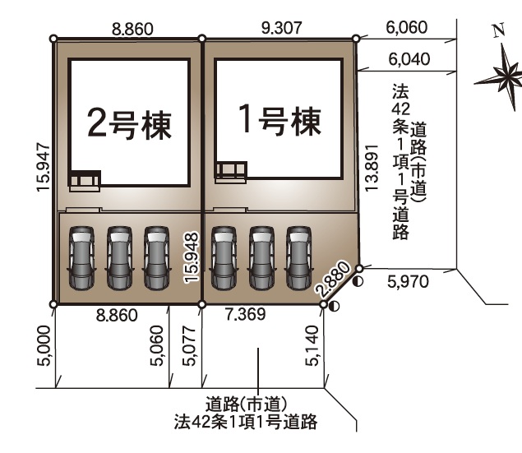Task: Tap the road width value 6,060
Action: click(406, 29)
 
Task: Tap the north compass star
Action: click(499, 77)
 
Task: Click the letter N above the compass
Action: click(497, 32)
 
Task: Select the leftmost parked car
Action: click(82, 257)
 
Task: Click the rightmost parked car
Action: click(300, 257)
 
